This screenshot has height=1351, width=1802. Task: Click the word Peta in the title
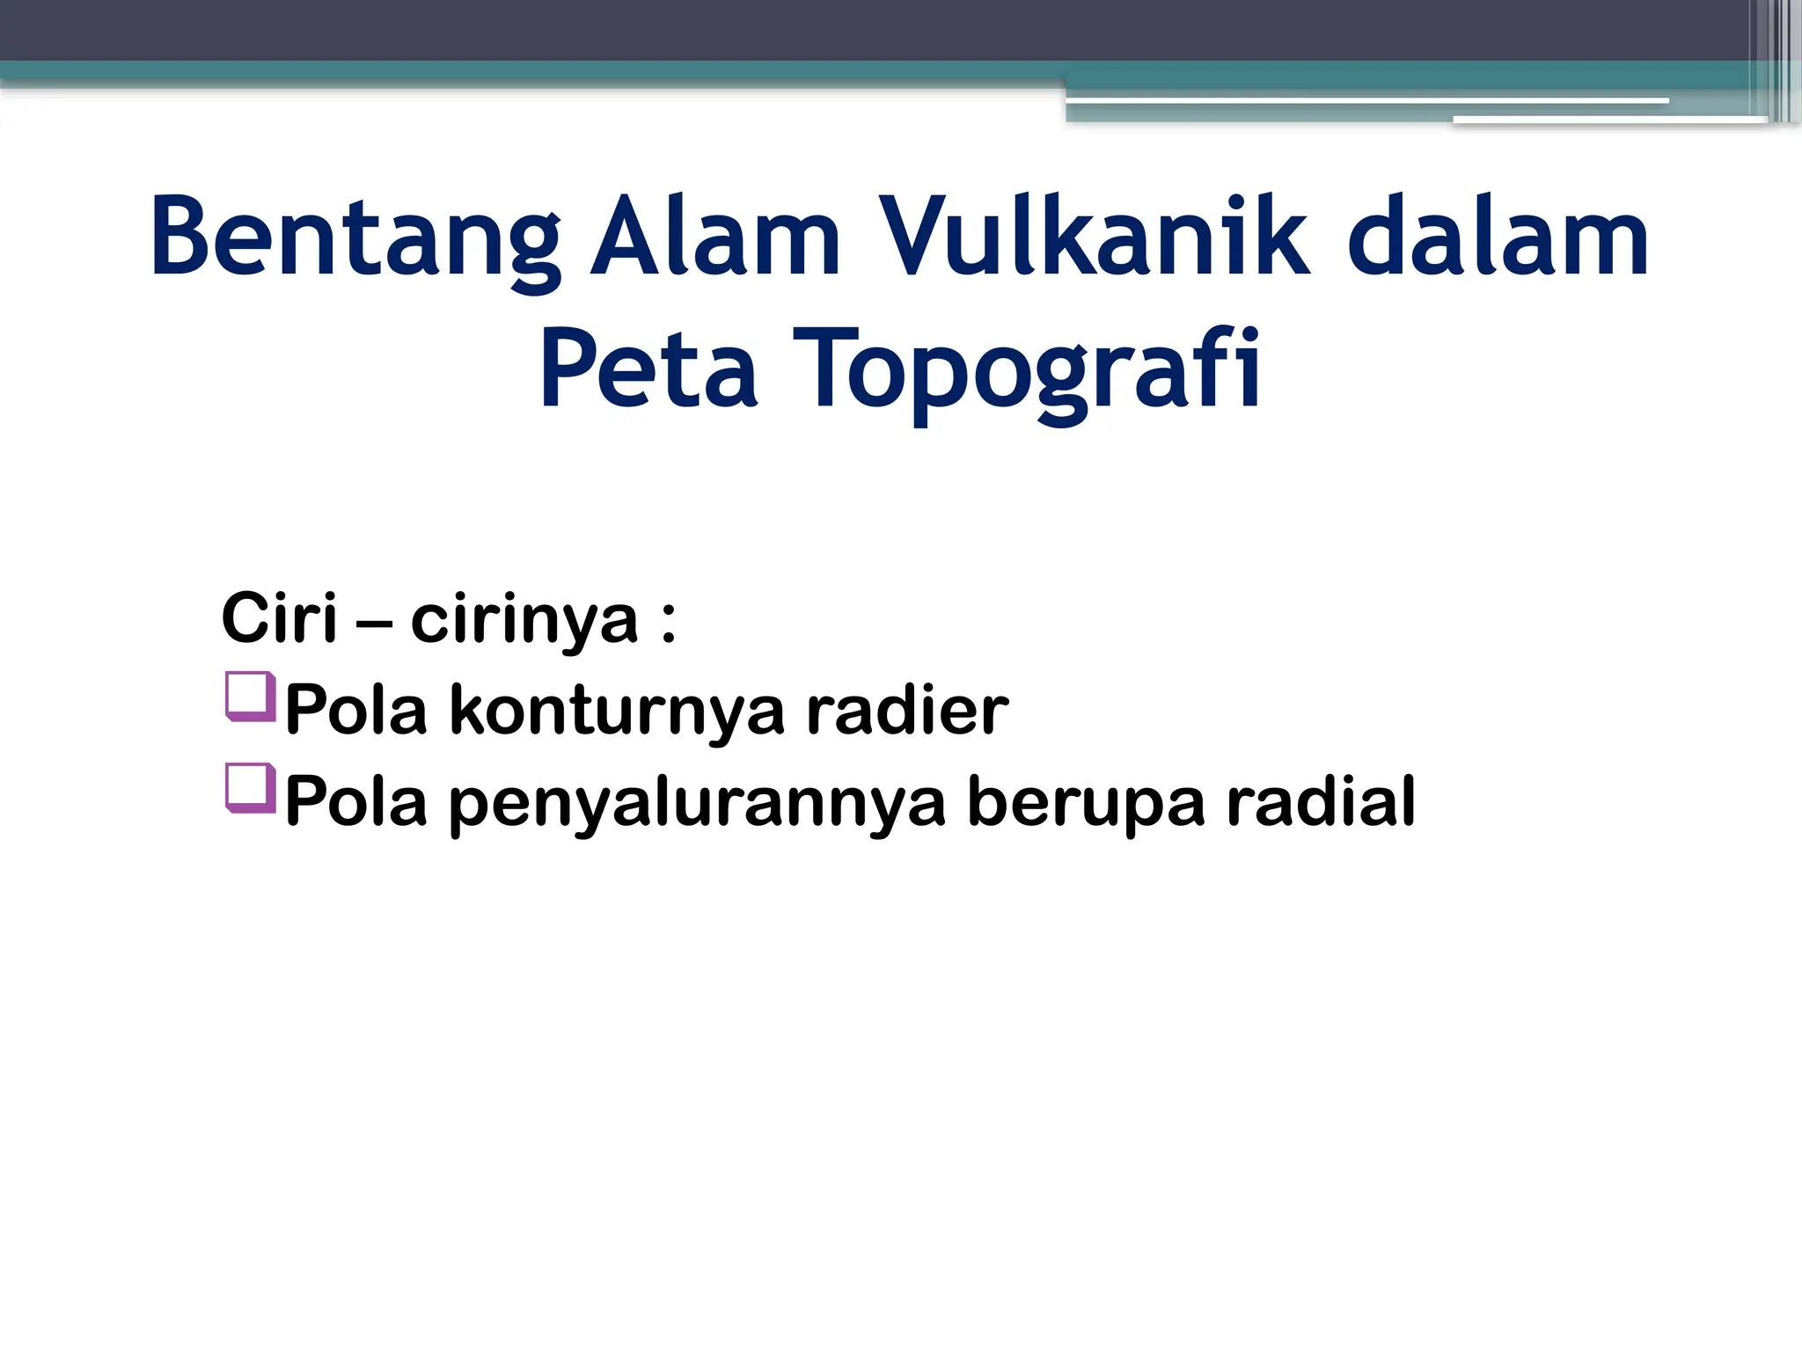click(x=648, y=369)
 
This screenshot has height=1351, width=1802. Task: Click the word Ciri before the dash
click(x=279, y=618)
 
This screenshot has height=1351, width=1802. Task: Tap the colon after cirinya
click(x=669, y=623)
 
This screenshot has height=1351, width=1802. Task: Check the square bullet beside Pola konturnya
click(x=251, y=697)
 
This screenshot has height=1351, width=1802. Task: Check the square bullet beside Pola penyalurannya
click(x=251, y=788)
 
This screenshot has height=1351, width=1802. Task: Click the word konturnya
click(x=617, y=711)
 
